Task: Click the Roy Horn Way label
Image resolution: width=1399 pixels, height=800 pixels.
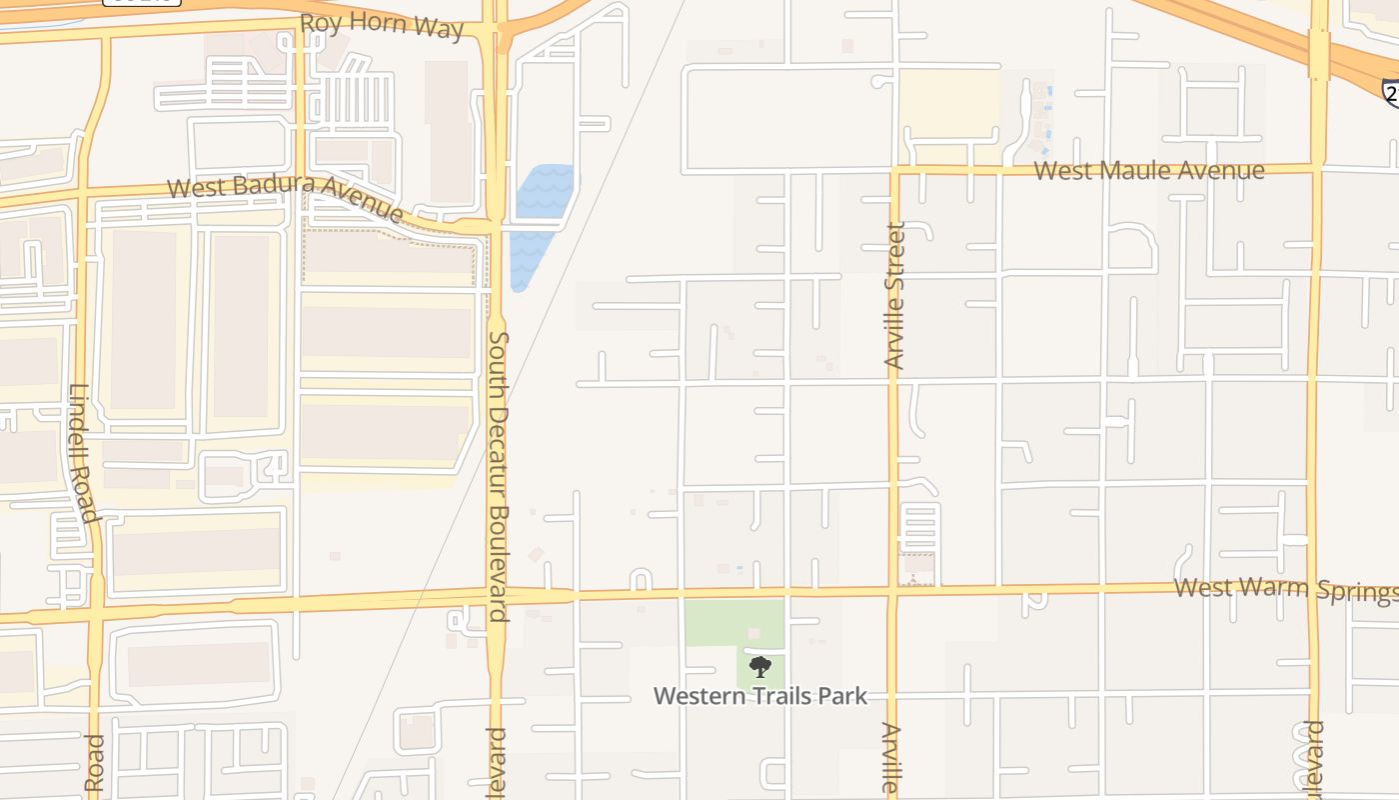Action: tap(382, 26)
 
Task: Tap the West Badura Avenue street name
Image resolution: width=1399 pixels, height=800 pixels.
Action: tap(286, 196)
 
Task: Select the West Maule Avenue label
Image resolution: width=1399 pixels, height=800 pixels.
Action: tap(1149, 171)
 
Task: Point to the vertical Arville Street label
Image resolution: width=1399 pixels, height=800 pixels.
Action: tap(894, 296)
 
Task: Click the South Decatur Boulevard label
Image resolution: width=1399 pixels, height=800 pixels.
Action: tap(499, 476)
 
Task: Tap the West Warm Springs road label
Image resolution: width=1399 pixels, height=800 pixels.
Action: tap(1285, 589)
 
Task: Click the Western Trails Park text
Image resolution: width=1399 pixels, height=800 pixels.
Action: tap(760, 696)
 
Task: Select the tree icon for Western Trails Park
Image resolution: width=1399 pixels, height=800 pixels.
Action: tap(760, 667)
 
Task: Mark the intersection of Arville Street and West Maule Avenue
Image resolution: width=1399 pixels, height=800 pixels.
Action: tap(894, 170)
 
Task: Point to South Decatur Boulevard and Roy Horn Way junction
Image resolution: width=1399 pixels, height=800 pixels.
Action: tap(493, 32)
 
